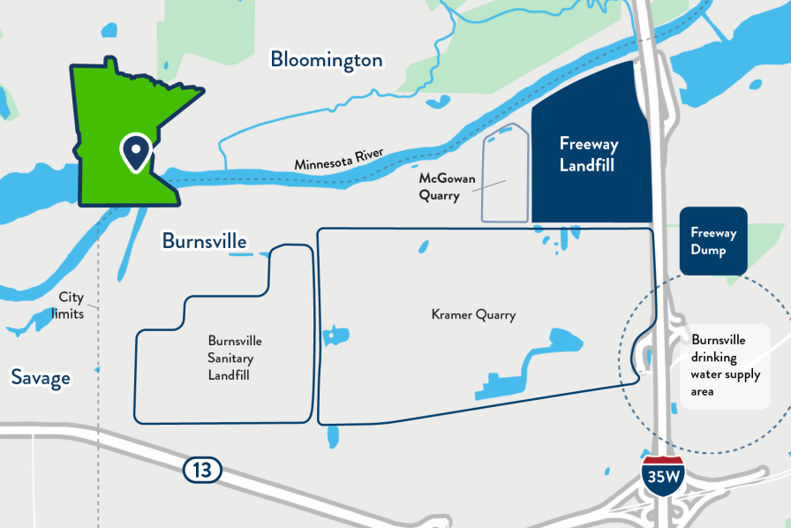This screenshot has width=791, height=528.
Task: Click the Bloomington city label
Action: tap(326, 60)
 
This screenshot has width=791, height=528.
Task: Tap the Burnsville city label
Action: tap(204, 241)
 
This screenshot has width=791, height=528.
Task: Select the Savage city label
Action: tap(40, 378)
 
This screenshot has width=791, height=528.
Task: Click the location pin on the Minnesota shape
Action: tap(135, 153)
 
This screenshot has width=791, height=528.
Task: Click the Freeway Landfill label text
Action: tap(588, 154)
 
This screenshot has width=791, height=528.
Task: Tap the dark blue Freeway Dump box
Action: tap(713, 241)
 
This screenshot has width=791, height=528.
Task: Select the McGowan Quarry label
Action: tap(447, 187)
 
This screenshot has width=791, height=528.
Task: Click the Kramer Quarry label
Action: tap(473, 314)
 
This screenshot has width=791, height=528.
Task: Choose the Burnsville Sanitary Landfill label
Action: tap(235, 358)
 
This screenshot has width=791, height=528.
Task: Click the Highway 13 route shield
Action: tap(202, 470)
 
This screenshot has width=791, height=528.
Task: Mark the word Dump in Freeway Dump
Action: tap(709, 251)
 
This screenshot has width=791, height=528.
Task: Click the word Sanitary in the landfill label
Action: tap(235, 358)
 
